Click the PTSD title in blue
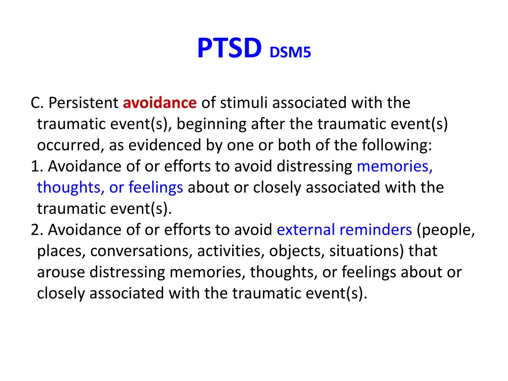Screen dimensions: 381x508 click(x=229, y=49)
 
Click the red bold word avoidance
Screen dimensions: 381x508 click(x=160, y=103)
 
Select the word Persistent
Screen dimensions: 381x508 click(x=84, y=103)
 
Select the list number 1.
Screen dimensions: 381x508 click(x=35, y=167)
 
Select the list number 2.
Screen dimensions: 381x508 click(x=35, y=230)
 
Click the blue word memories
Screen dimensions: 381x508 click(x=394, y=167)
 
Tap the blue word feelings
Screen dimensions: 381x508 click(x=156, y=188)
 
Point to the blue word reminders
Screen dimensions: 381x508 click(x=376, y=230)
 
